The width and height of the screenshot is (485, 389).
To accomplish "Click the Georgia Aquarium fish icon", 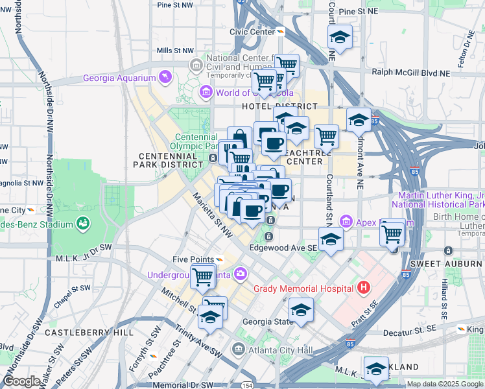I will pyautogui.click(x=166, y=78).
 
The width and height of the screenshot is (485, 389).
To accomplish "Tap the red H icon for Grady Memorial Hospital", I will pyautogui.click(x=364, y=287).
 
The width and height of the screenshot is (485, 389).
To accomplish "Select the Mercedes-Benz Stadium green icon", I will pyautogui.click(x=82, y=224).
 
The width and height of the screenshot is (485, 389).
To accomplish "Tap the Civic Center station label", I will pyautogui.click(x=252, y=31).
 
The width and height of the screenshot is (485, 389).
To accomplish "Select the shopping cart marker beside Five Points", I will pyautogui.click(x=203, y=276).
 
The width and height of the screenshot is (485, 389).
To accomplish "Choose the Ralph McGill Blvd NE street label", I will pyautogui.click(x=412, y=72).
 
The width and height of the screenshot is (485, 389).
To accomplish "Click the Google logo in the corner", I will pyautogui.click(x=21, y=381).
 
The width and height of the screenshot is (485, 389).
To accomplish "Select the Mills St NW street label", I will pyautogui.click(x=175, y=50).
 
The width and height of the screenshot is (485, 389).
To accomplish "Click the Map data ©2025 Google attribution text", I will pyautogui.click(x=444, y=384).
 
